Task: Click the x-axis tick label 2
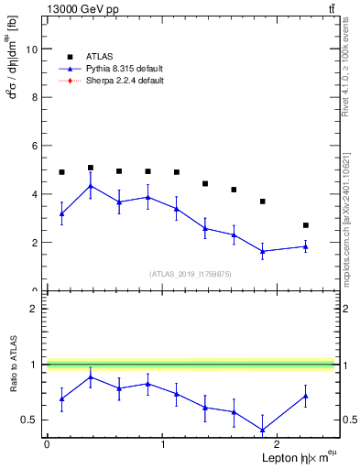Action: point(278,444)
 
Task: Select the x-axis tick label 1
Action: point(162,444)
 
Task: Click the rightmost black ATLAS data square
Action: point(306,225)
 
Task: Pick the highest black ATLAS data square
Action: point(90,168)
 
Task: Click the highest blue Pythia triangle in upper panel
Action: point(90,186)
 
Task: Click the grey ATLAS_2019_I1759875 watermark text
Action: point(191,273)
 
